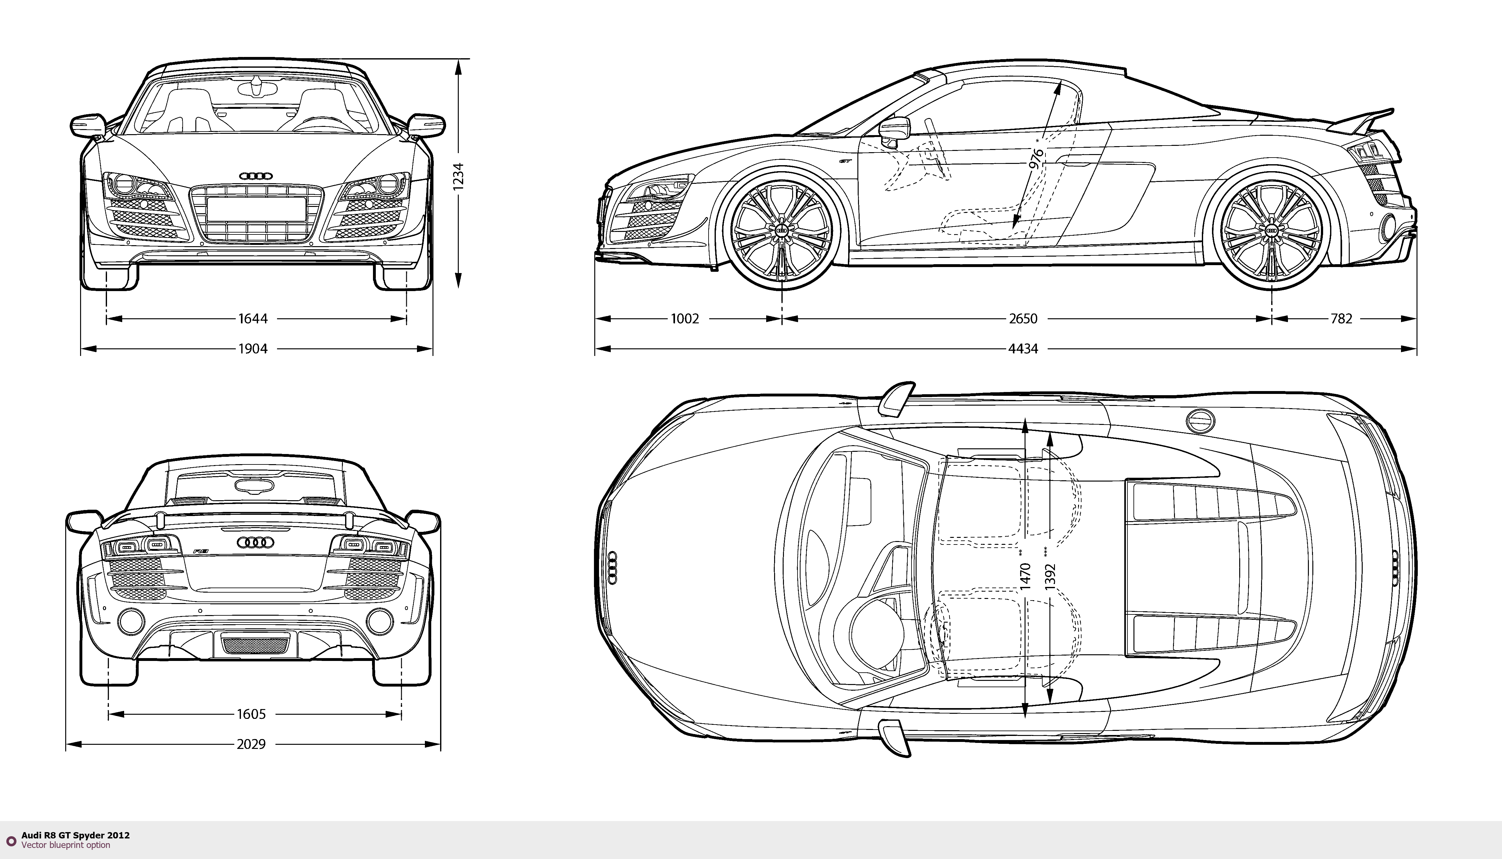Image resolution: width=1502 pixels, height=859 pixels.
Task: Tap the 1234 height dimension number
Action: (x=458, y=176)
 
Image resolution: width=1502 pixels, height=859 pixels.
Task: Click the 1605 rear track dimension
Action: (x=251, y=714)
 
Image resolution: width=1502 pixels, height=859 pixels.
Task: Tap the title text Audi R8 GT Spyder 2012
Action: (x=76, y=835)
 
